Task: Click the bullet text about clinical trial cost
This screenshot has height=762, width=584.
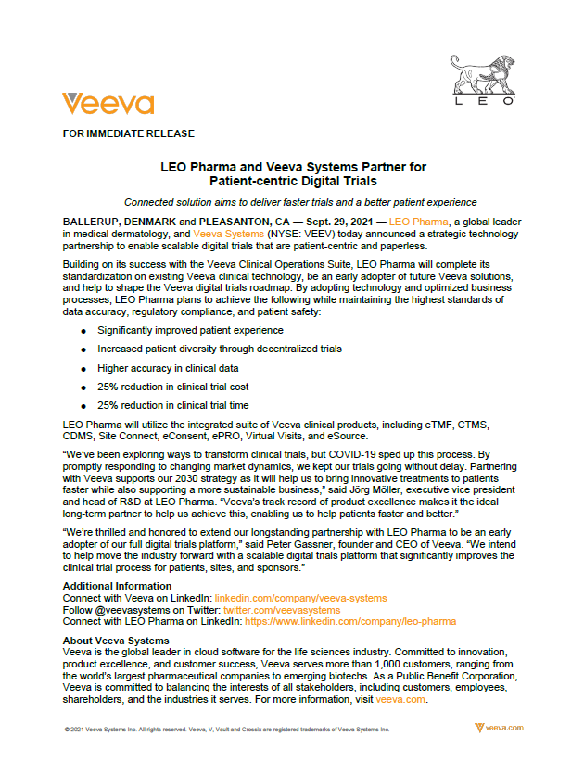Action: pos(172,387)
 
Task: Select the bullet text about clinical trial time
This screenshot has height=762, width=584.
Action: pos(172,404)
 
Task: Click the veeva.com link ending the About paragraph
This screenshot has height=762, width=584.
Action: pos(400,700)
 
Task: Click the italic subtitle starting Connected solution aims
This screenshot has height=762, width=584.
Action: pos(300,202)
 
